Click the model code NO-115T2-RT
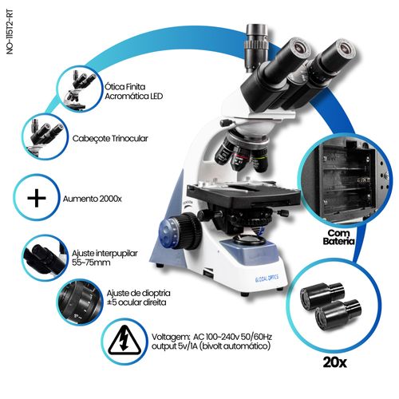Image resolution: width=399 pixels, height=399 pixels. click(x=10, y=32)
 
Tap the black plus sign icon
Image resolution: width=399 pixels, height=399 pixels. click(x=37, y=198)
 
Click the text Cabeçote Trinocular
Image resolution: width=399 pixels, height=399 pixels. click(x=110, y=139)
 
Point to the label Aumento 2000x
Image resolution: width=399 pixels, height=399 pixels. click(x=93, y=199)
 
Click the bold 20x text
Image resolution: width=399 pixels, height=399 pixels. click(x=335, y=362)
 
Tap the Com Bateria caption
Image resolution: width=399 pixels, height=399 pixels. click(x=338, y=237)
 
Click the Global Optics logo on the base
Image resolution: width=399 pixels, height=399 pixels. click(x=267, y=279)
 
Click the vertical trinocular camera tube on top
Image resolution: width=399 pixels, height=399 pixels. click(x=257, y=47)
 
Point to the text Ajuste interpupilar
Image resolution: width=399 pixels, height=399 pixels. click(x=105, y=253)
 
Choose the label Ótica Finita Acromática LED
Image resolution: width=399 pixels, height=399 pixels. click(x=133, y=91)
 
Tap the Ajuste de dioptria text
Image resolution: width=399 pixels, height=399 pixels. click(x=138, y=293)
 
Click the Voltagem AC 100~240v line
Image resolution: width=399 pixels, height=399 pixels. click(x=211, y=337)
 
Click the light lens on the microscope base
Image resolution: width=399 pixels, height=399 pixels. click(x=250, y=240)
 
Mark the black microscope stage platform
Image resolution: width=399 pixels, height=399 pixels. click(x=243, y=196)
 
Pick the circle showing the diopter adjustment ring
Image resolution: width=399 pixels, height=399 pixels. click(x=79, y=302)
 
